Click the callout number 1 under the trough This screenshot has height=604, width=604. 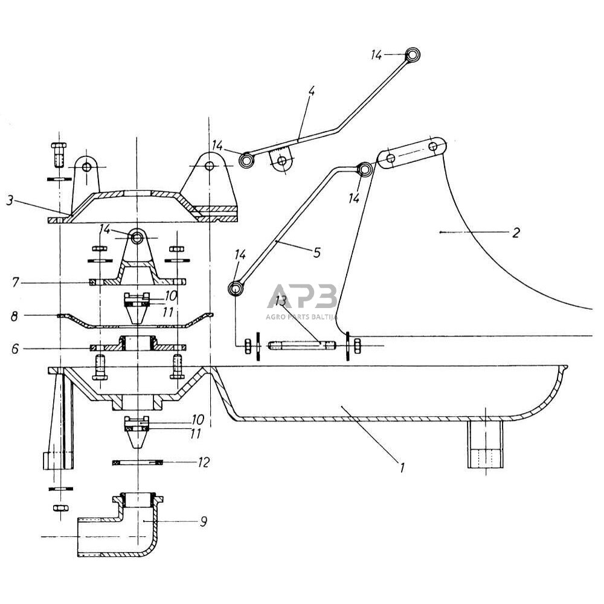pyautogui.click(x=402, y=467)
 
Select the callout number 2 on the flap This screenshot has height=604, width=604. pyautogui.click(x=516, y=233)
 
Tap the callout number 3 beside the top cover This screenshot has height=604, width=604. pyautogui.click(x=10, y=201)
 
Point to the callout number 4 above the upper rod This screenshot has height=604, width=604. pyautogui.click(x=311, y=91)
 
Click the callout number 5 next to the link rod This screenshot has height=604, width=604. pyautogui.click(x=316, y=252)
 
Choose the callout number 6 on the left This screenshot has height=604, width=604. pyautogui.click(x=15, y=349)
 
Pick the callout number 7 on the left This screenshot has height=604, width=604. pyautogui.click(x=15, y=283)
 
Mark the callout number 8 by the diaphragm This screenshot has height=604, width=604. pyautogui.click(x=14, y=316)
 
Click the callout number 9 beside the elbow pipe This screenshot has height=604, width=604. pyautogui.click(x=204, y=522)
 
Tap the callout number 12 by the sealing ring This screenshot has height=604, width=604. pyautogui.click(x=204, y=462)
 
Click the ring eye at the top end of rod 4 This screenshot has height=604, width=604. pyautogui.click(x=413, y=55)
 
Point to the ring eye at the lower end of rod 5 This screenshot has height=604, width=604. pyautogui.click(x=236, y=289)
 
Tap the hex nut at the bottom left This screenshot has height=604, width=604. pyautogui.click(x=60, y=507)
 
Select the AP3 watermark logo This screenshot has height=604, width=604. pyautogui.click(x=303, y=296)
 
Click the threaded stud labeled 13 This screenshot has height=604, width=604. pyautogui.click(x=301, y=345)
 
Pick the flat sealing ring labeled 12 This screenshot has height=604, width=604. pyautogui.click(x=138, y=462)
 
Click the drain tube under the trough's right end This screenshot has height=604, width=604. pyautogui.click(x=486, y=444)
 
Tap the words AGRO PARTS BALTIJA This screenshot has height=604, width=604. pyautogui.click(x=302, y=316)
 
